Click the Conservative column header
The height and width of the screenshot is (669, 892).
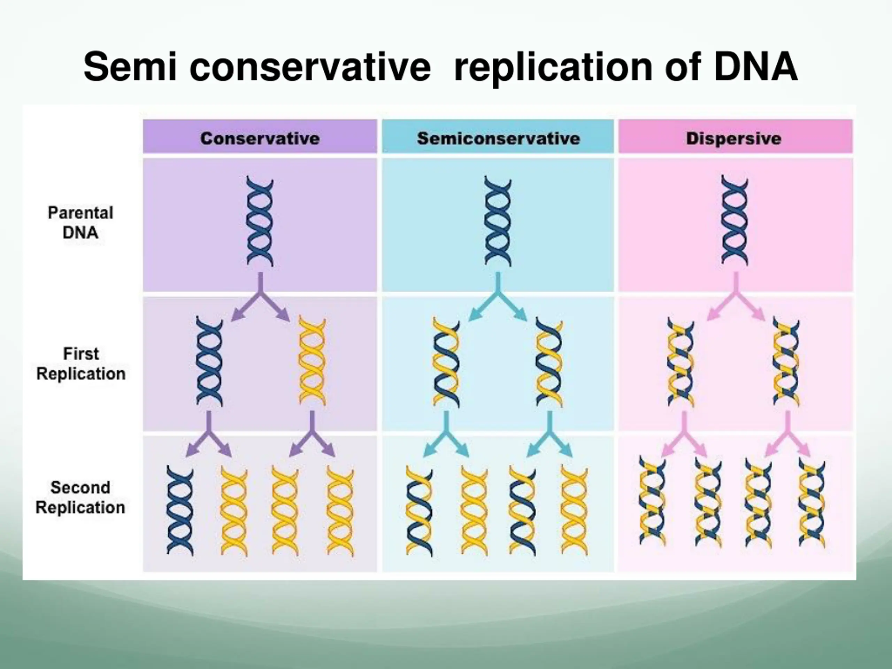pos(260,138)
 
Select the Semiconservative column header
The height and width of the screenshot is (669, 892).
pos(498,138)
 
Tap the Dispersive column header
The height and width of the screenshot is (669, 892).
pos(733,138)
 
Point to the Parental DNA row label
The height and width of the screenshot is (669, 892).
pos(80,223)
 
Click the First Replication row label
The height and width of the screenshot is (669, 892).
pos(80,364)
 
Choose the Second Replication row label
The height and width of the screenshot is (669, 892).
pos(80,497)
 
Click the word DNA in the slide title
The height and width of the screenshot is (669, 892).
pos(756,67)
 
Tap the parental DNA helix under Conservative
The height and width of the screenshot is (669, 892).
pos(260,221)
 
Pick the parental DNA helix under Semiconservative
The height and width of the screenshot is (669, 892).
pos(498,221)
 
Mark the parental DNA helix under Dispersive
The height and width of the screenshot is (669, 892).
pos(734,220)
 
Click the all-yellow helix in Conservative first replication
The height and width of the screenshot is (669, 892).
pos(312,361)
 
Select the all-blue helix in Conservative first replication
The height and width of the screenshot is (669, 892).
pos(209,361)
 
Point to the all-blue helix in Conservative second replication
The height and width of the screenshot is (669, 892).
pos(180,510)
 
